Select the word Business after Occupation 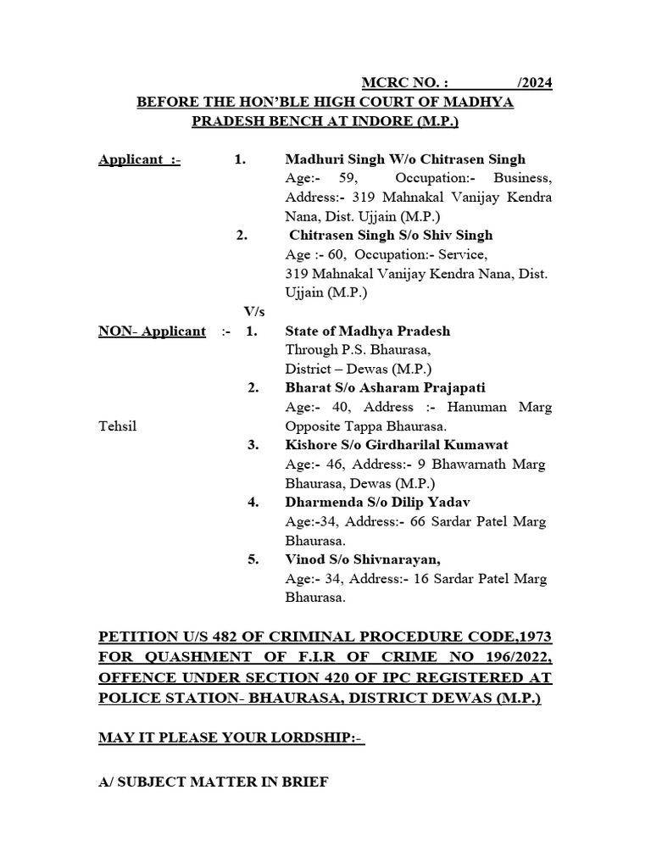[x=524, y=179]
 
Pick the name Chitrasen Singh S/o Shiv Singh [x=391, y=236]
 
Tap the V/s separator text [x=254, y=312]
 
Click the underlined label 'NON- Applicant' [x=152, y=331]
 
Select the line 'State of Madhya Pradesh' [x=368, y=331]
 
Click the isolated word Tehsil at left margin [x=117, y=426]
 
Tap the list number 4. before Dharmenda [x=253, y=502]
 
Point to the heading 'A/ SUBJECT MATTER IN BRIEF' [x=213, y=783]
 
